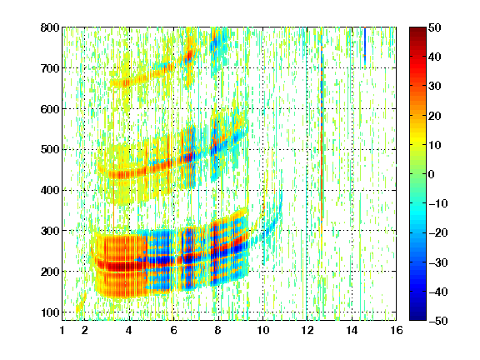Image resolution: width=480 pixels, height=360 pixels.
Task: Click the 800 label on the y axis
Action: [x=50, y=27]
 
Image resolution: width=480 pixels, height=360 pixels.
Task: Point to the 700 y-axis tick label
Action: [x=50, y=68]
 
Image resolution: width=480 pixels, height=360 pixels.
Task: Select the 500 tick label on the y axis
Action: [x=50, y=150]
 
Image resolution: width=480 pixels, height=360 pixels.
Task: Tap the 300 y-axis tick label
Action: [x=50, y=231]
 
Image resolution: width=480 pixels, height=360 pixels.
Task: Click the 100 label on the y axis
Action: [x=50, y=312]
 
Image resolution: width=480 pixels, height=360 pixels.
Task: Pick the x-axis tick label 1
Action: [x=62, y=330]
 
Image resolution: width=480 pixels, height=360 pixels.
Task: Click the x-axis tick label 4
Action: [x=129, y=330]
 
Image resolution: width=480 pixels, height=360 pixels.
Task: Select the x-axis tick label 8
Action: [x=218, y=330]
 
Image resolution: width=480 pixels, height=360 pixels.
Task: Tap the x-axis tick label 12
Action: [x=307, y=330]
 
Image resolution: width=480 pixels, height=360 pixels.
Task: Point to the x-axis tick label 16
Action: [x=397, y=330]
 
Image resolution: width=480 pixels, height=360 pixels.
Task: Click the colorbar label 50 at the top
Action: [x=435, y=27]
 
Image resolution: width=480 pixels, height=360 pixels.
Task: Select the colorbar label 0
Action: [x=432, y=174]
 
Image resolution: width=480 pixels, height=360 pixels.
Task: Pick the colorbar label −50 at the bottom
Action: [x=438, y=321]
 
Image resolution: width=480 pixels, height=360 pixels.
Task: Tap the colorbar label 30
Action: [x=435, y=87]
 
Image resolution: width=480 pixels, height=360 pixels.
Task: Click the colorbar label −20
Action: [x=438, y=232]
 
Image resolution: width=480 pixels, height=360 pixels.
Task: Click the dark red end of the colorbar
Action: [x=417, y=30]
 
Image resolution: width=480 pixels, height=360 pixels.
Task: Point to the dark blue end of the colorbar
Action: [x=417, y=317]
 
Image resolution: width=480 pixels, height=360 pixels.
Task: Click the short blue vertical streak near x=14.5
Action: [x=365, y=46]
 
